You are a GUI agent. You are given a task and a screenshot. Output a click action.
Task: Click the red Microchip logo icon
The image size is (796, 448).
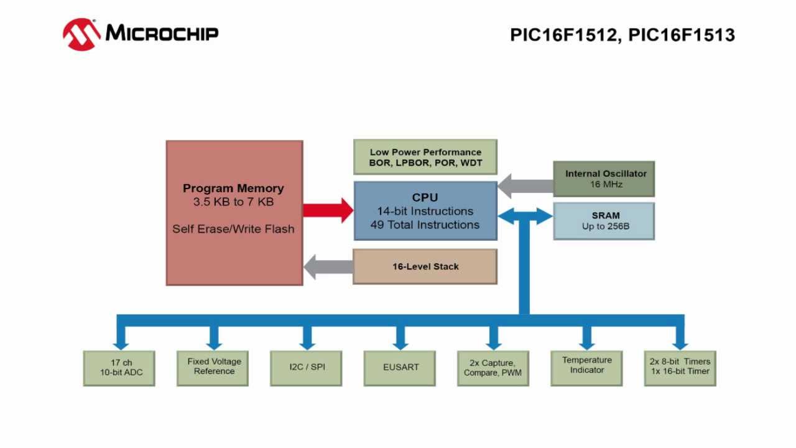(x=81, y=34)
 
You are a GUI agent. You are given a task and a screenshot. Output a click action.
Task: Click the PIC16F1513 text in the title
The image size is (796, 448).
(x=682, y=35)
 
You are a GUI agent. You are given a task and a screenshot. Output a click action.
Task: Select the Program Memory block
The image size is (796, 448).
(x=234, y=213)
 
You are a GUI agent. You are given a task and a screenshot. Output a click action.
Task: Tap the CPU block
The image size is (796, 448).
(x=425, y=211)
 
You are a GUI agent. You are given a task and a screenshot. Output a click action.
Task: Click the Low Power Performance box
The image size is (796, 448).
(x=425, y=157)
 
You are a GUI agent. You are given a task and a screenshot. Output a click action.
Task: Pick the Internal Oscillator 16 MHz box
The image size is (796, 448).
(x=603, y=179)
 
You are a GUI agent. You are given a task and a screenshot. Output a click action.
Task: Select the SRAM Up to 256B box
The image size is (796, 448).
(x=603, y=221)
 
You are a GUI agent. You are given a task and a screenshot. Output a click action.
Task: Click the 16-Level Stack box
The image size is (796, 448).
(x=425, y=266)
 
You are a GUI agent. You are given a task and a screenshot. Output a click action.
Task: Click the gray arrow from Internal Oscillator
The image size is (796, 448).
(x=525, y=185)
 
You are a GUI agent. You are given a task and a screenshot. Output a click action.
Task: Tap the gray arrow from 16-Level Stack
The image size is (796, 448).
(x=328, y=267)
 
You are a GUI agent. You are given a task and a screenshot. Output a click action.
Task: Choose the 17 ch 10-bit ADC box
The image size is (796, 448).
(x=119, y=368)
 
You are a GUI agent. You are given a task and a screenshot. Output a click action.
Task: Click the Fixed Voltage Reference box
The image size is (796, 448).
(x=213, y=367)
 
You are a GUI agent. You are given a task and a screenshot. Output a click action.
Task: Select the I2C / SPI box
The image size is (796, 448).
(x=306, y=368)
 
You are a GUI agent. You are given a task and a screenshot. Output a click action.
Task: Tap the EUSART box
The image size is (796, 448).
(x=400, y=368)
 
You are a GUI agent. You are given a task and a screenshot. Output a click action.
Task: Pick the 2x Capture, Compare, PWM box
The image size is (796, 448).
(x=493, y=368)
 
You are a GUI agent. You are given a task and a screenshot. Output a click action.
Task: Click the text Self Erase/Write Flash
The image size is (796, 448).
(x=233, y=229)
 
